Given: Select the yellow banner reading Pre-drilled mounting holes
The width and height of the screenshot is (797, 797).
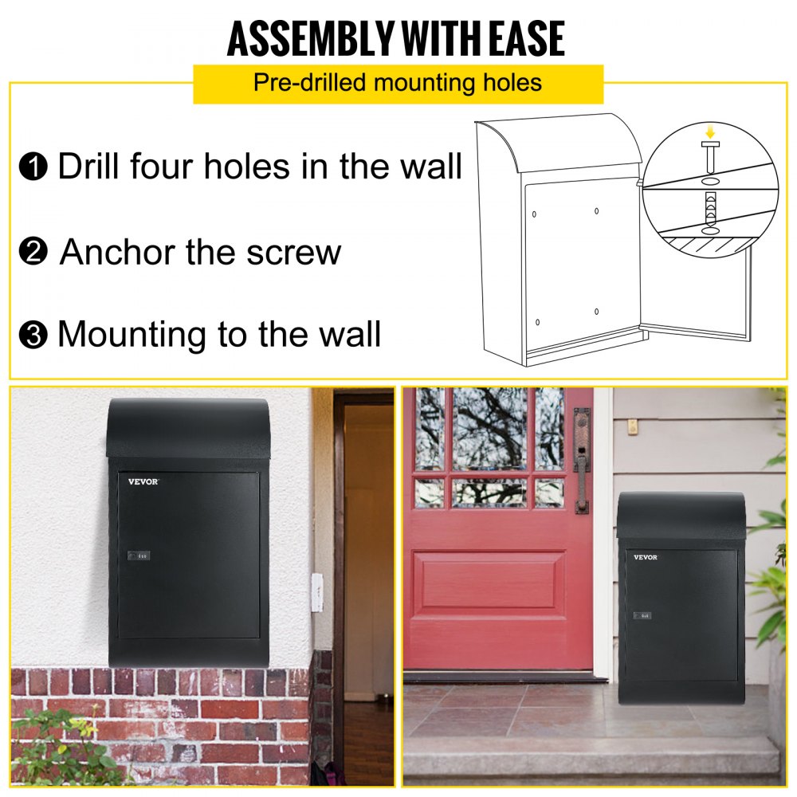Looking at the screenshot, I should coord(398,83).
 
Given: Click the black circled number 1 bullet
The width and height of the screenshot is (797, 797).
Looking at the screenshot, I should coord(33,168).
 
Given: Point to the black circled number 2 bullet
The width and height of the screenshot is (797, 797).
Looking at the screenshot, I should coord(33,253).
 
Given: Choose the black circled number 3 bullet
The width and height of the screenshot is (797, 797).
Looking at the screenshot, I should coord(33,335).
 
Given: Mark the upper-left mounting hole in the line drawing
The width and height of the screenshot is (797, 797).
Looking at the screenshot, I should coord(534,214).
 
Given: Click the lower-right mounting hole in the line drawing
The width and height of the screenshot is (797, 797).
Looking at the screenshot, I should coord(596,311).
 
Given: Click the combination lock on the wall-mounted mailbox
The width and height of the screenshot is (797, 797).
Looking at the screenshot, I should coord(138,556).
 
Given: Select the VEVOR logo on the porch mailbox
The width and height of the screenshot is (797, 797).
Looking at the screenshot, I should coord(646,557).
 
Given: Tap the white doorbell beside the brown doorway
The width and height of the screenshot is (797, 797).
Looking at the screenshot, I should coord(316,591).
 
